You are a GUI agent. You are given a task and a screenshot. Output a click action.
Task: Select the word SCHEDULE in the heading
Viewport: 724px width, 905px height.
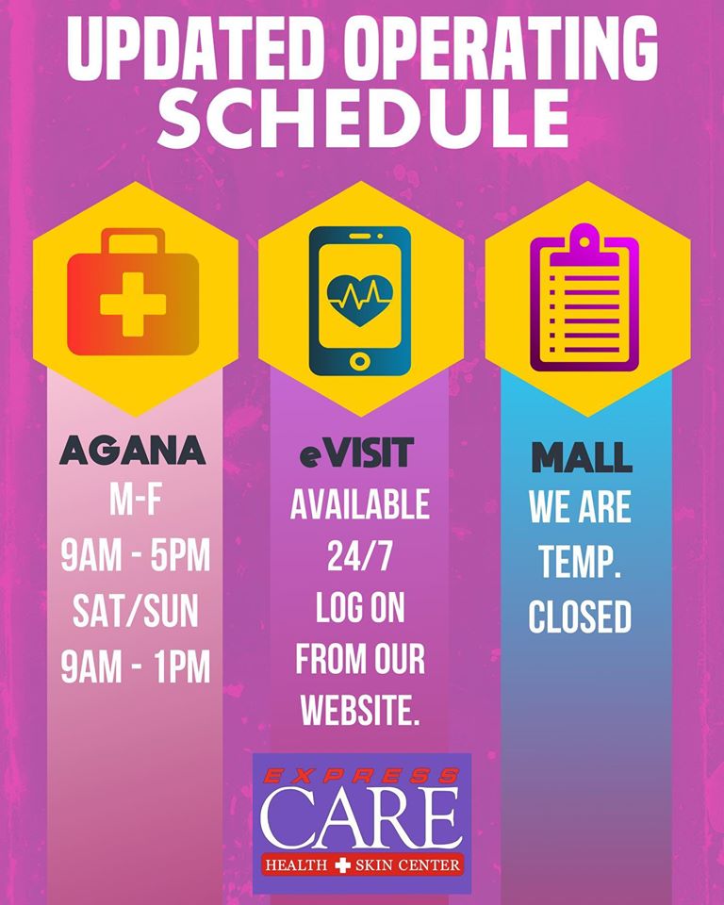click(x=363, y=118)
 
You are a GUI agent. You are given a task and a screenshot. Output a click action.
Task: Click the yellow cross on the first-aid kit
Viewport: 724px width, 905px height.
click(x=133, y=304)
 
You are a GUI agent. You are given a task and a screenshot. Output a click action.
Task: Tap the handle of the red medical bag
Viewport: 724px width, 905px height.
click(x=133, y=239)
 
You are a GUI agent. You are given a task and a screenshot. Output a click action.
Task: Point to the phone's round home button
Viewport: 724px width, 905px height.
click(x=360, y=362)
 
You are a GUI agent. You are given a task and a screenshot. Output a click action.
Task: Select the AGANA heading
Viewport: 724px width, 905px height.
click(x=133, y=451)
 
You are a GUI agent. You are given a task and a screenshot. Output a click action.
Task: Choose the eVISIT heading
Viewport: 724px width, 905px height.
click(x=357, y=452)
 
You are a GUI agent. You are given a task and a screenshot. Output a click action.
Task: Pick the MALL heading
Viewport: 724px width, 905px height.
click(x=582, y=458)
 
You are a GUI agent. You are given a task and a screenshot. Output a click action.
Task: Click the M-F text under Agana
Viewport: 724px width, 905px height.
click(x=135, y=500)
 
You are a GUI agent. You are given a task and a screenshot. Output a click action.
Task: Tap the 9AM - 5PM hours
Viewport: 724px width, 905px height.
click(x=135, y=555)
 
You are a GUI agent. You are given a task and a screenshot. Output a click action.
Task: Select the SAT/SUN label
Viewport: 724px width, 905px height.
click(x=135, y=612)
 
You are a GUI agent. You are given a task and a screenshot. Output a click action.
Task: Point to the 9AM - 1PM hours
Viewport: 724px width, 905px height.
click(x=135, y=667)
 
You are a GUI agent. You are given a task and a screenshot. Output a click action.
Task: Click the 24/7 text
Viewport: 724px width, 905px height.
click(x=360, y=556)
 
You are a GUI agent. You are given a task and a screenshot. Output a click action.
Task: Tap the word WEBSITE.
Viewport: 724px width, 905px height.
click(x=360, y=710)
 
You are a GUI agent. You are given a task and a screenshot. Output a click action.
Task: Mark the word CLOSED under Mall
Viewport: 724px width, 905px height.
click(x=580, y=617)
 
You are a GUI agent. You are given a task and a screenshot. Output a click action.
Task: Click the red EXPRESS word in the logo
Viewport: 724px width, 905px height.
click(x=362, y=776)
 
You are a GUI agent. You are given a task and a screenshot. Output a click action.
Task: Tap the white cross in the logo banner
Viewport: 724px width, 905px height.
click(x=343, y=865)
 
